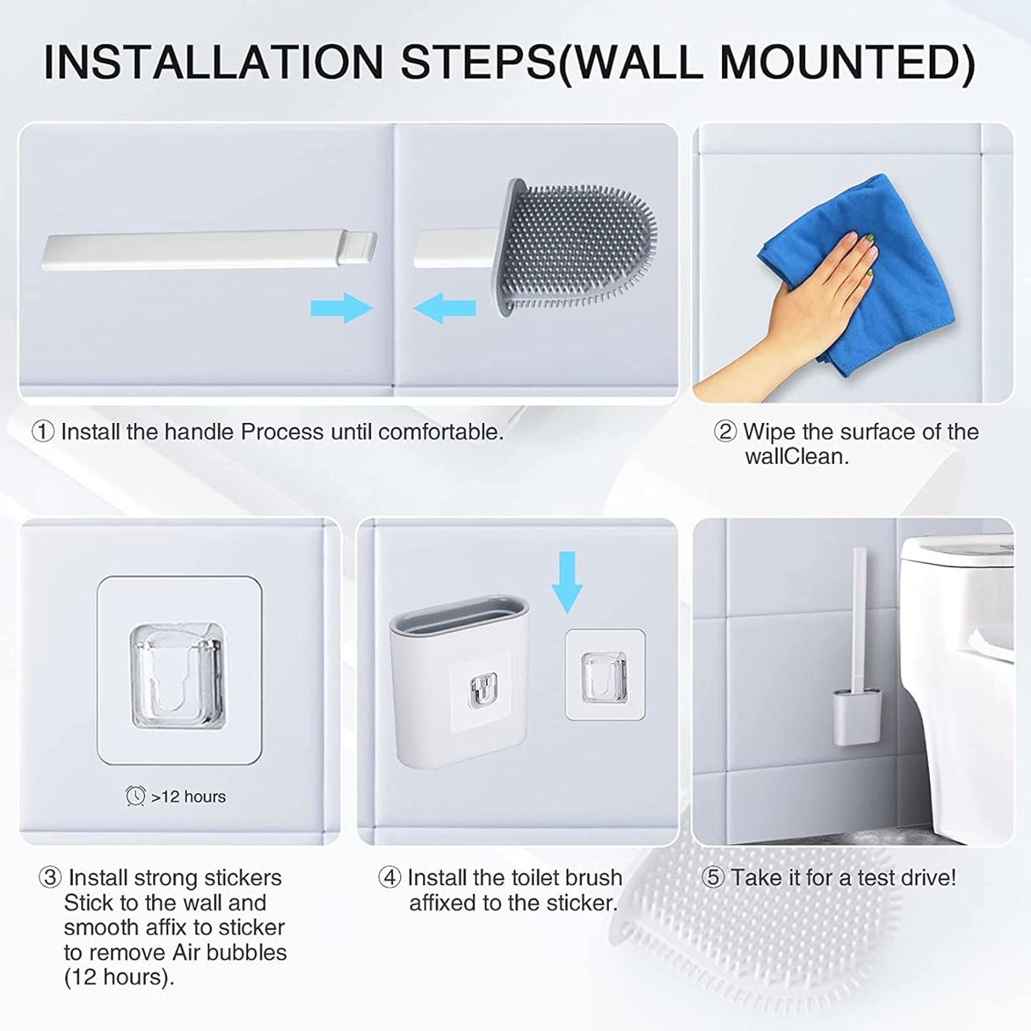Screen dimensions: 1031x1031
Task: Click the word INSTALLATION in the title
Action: (x=213, y=63)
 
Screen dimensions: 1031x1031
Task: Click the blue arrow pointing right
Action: (x=342, y=307)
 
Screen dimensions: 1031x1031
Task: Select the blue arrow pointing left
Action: (x=445, y=307)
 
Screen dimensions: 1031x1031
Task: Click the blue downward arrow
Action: (x=567, y=582)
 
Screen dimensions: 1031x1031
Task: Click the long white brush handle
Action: (x=209, y=250)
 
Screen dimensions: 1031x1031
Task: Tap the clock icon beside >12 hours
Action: (x=135, y=796)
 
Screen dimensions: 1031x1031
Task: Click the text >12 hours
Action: (x=189, y=797)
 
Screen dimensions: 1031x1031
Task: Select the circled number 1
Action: (x=42, y=431)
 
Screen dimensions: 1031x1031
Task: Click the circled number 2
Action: (x=725, y=431)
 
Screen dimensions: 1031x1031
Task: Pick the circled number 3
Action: (x=50, y=878)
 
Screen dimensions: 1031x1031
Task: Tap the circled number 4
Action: (x=389, y=878)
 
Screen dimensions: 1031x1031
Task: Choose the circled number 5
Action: (x=713, y=878)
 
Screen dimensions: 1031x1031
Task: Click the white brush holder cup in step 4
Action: (x=460, y=681)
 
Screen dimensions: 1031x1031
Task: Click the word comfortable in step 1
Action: (x=440, y=431)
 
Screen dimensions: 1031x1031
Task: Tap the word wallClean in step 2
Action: (x=797, y=456)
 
